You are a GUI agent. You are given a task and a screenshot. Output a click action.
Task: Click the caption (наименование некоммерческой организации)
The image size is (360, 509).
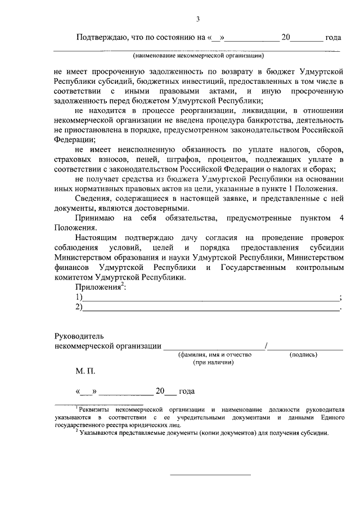click(198, 56)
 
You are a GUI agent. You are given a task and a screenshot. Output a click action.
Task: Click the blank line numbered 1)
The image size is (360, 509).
click(211, 299)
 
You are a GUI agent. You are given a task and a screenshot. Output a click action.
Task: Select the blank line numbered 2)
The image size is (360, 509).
click(211, 309)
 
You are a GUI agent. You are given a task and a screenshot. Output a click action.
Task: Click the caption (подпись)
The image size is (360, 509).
click(303, 355)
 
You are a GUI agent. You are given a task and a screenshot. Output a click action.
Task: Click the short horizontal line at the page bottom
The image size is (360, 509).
click(210, 475)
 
